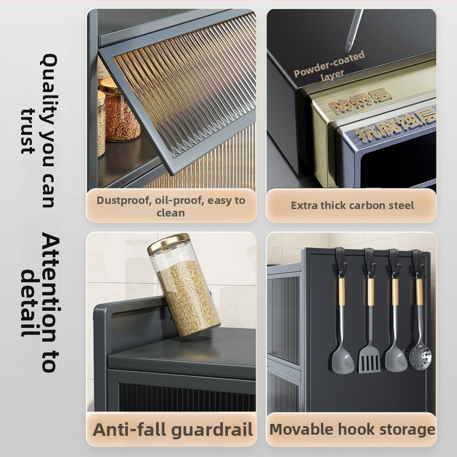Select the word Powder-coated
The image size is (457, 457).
tap(330, 64)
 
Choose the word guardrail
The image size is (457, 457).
tap(212, 430)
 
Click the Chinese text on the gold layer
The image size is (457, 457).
tap(360, 102)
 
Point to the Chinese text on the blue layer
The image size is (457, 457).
tap(395, 125)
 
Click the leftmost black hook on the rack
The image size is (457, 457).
tap(340, 262)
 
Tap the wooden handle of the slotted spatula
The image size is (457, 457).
tap(370, 291)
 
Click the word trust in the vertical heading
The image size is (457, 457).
tap(29, 131)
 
